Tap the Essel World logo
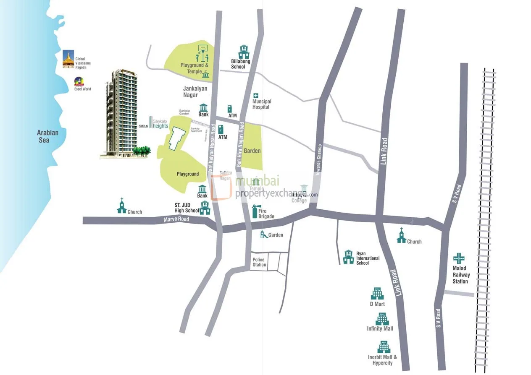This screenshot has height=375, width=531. point(79,81)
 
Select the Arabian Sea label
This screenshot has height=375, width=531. point(47,136)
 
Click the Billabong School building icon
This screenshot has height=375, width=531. point(244,52)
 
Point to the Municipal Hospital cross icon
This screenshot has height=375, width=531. point(255,96)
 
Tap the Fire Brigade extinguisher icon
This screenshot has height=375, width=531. point(255,211)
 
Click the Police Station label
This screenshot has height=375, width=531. point(259,262)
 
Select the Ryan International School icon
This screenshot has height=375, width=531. point(348,257)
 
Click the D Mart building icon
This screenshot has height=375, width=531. point(377,294)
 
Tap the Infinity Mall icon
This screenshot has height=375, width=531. point(382,318)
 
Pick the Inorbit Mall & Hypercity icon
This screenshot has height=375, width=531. point(383,347)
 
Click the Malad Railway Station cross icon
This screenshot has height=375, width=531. point(458,258)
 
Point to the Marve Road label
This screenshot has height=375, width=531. point(176,219)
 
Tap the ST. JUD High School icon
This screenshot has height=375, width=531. point(205,208)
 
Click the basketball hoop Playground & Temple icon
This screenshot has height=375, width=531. point(202,54)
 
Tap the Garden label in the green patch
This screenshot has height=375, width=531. point(252,151)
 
